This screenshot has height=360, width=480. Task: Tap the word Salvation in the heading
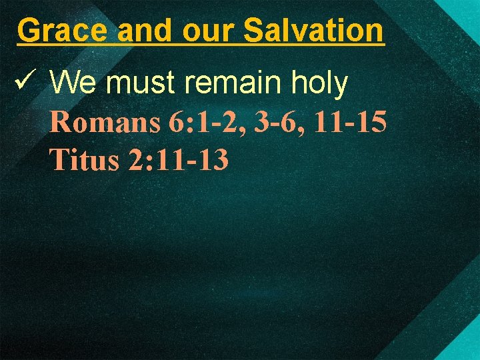[314, 30]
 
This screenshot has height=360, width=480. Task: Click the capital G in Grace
[29, 30]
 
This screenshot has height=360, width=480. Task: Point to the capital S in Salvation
[254, 30]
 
